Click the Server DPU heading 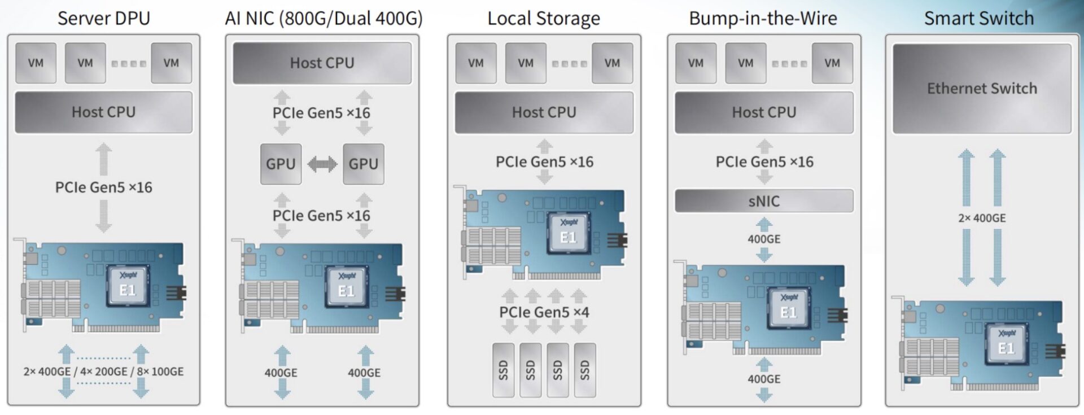pos(104,18)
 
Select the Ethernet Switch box pos(982,89)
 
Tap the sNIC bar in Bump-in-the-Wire pos(764,201)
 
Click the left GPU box pos(281,164)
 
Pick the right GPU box pos(363,164)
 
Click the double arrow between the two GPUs pos(322,164)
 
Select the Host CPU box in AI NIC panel pos(322,63)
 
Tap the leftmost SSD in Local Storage pos(503,370)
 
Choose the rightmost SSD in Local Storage pos(584,370)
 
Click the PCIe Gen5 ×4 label pos(544,312)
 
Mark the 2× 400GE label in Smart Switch pos(982,218)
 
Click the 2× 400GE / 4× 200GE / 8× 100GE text pos(103,372)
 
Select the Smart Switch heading pos(978,18)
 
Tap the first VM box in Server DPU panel pos(36,63)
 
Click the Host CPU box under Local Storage pos(544,112)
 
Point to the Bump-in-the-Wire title pos(763,18)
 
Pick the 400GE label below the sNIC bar pos(764,239)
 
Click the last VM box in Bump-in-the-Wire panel pos(832,63)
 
